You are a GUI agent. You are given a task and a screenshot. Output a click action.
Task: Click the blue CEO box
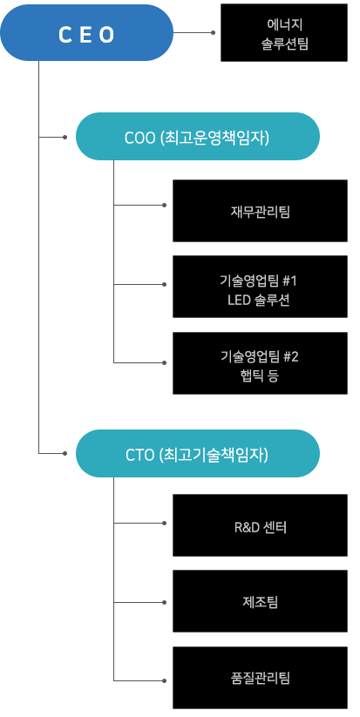click(x=87, y=33)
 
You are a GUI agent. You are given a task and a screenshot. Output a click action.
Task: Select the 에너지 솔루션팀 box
click(x=284, y=32)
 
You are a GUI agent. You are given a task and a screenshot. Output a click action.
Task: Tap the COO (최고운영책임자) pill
click(x=198, y=136)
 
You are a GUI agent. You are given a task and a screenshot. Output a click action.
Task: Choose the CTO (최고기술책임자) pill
click(x=198, y=454)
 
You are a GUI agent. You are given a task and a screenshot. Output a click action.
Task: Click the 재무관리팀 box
click(x=260, y=211)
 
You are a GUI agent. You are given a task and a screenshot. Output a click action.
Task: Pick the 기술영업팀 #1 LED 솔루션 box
click(x=260, y=287)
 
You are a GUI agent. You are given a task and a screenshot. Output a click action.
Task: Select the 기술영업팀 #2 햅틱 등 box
click(x=260, y=363)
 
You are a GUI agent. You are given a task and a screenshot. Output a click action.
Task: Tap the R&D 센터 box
click(x=260, y=525)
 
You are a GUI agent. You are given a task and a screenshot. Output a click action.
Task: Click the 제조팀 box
click(x=260, y=601)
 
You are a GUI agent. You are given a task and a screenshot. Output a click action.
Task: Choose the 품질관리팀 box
click(x=260, y=678)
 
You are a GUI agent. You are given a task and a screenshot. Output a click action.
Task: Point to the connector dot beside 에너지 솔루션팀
click(x=213, y=32)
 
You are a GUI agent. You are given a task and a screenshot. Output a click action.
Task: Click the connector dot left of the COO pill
click(x=65, y=137)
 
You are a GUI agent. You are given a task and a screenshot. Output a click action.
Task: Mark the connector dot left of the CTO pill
click(x=65, y=454)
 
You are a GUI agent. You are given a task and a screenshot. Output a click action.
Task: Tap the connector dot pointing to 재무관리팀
click(x=164, y=205)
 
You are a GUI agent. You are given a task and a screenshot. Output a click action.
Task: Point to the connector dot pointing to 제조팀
click(x=164, y=602)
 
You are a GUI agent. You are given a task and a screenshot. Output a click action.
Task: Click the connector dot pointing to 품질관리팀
click(x=164, y=681)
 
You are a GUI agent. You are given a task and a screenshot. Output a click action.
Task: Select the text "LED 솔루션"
click(x=258, y=301)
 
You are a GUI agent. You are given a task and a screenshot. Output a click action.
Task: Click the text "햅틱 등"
click(x=260, y=375)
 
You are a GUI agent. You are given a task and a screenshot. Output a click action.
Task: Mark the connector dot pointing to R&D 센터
click(x=164, y=523)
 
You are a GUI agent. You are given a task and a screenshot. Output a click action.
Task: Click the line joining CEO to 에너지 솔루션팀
click(x=192, y=32)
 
